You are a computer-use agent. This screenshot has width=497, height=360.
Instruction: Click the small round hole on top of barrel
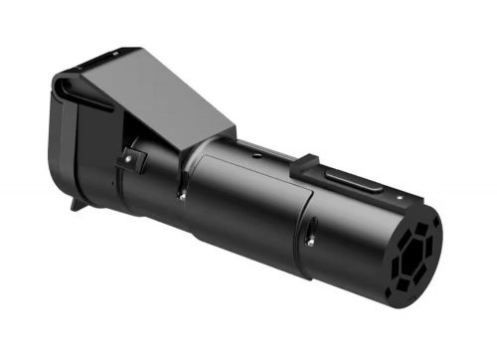(255, 153)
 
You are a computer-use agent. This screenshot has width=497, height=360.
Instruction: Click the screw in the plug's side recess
(311, 238)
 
